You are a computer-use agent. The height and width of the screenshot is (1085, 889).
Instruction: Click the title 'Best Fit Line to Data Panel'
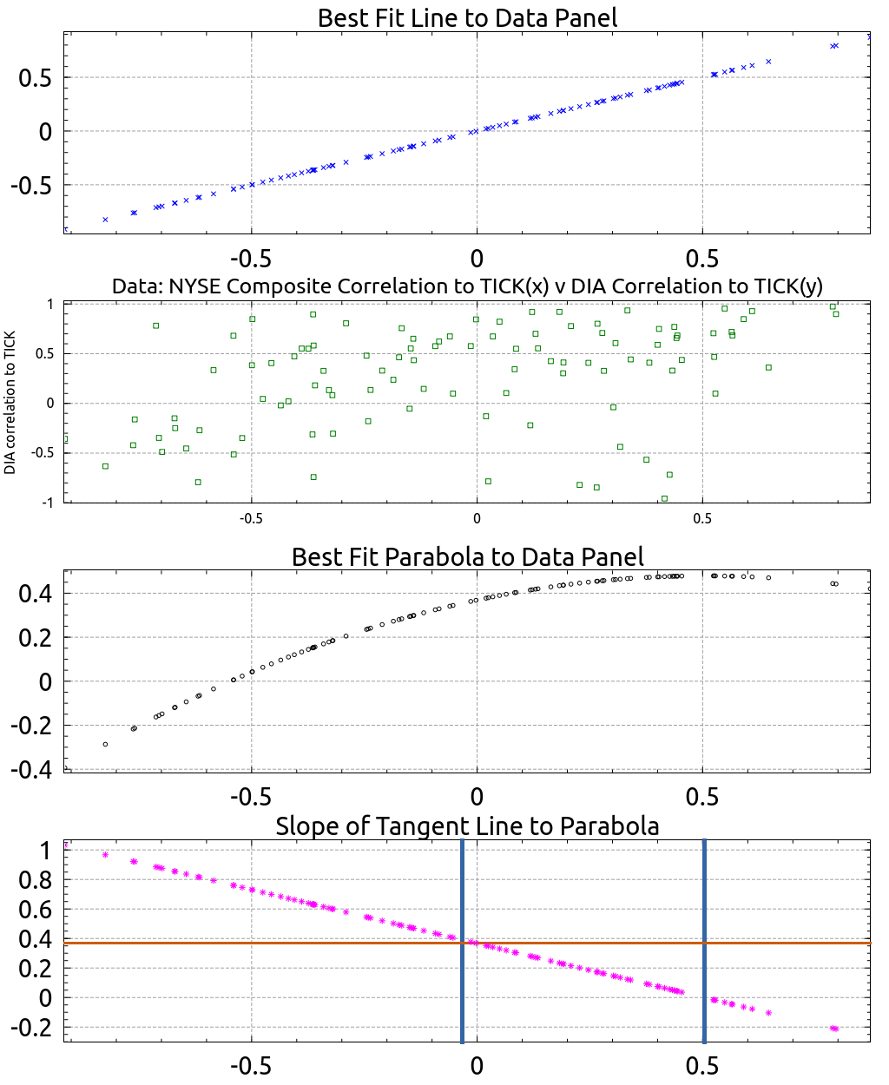click(x=467, y=18)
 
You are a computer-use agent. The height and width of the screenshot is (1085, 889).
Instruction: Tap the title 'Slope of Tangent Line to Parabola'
click(x=467, y=826)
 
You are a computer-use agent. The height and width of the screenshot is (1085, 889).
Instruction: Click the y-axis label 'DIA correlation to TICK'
click(x=10, y=402)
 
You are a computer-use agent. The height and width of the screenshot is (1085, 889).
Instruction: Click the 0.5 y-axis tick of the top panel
click(x=36, y=78)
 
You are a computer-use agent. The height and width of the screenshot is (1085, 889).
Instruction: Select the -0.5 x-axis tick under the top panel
click(x=251, y=259)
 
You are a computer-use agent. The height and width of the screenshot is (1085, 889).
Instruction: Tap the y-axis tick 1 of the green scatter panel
click(x=49, y=304)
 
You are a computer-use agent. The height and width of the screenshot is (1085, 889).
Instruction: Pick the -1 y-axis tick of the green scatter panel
click(x=47, y=503)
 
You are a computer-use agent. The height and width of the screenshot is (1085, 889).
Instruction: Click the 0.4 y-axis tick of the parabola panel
click(x=36, y=595)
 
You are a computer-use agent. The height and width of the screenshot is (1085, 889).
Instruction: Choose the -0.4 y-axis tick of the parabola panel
click(x=31, y=770)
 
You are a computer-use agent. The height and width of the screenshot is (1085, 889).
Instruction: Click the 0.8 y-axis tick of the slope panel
click(x=36, y=880)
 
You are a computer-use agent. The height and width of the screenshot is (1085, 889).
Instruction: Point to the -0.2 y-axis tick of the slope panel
click(x=31, y=1028)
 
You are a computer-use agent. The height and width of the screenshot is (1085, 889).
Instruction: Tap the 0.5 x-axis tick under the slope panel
click(x=702, y=1067)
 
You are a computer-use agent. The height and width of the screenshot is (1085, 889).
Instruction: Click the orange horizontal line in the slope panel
click(x=467, y=943)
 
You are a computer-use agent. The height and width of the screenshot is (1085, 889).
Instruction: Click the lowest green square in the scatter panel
click(x=664, y=498)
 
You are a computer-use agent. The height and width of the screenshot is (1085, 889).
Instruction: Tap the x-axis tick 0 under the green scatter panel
click(x=477, y=518)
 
